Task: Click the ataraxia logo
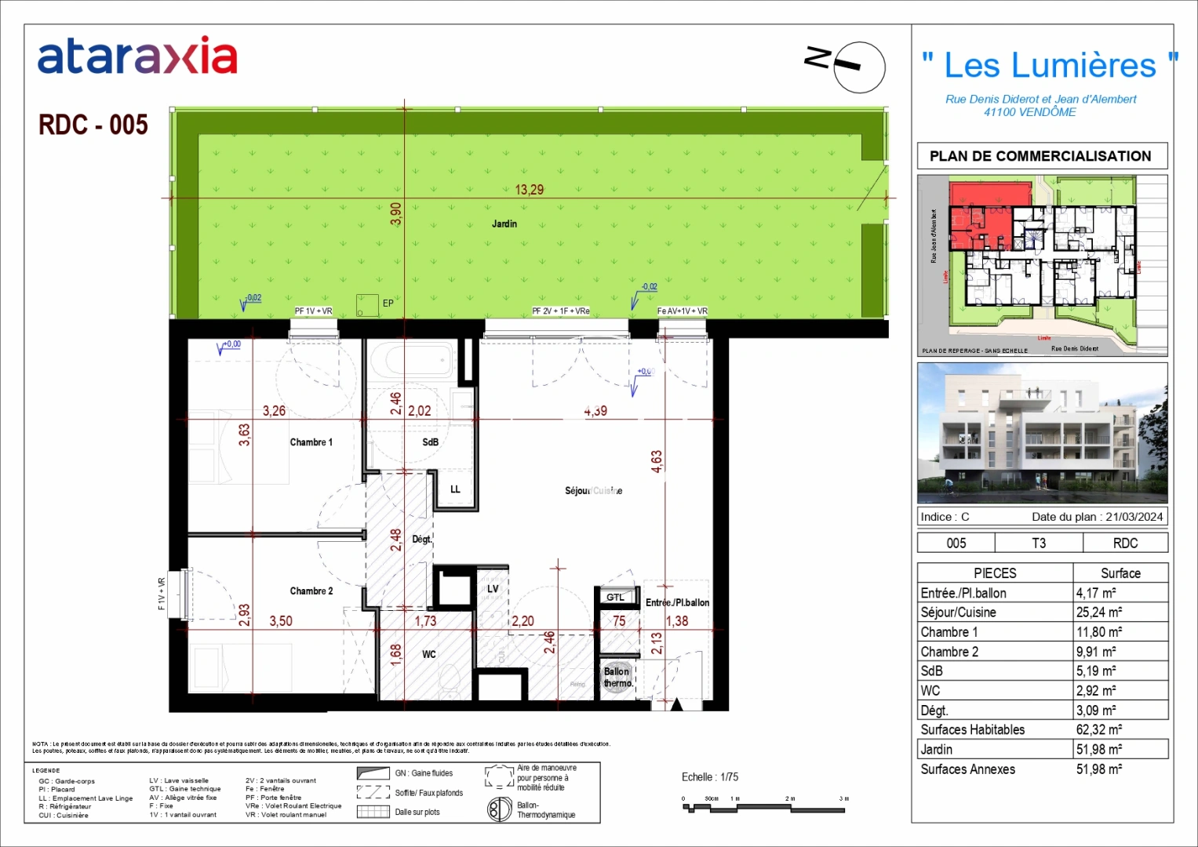coord(137,56)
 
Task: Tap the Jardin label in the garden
coord(504,224)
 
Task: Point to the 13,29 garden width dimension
coord(529,190)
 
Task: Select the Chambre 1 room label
coord(311,442)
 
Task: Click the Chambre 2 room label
coord(311,591)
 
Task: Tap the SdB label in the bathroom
coord(430,442)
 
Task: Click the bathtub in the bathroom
coord(411,362)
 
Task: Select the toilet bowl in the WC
coord(450,679)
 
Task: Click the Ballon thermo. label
coord(617,678)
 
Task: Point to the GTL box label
coord(615,598)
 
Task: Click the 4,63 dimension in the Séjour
coord(657,461)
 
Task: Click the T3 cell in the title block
coord(1038,543)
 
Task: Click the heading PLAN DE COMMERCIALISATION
coord(1040,156)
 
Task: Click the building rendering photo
coord(1042,433)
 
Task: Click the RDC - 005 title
coord(93,125)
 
